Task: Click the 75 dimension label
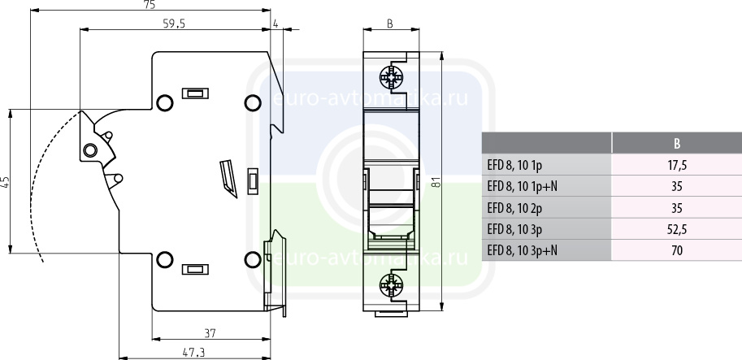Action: tap(150, 5)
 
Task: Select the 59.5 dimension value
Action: tap(174, 24)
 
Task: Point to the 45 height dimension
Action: tap(6, 182)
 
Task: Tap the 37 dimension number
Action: tap(210, 333)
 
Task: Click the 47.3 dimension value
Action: tap(194, 353)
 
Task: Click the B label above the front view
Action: tap(390, 24)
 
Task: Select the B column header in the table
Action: tap(677, 144)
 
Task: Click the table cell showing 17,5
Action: tap(677, 165)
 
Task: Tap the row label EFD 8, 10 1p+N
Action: tap(522, 186)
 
